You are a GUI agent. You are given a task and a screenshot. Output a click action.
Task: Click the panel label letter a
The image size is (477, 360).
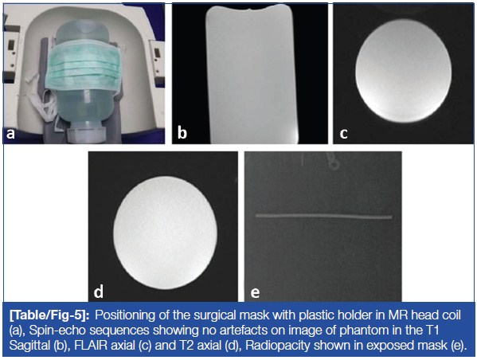click(x=10, y=133)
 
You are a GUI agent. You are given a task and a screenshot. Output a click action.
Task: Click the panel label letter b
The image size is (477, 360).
click(x=182, y=133)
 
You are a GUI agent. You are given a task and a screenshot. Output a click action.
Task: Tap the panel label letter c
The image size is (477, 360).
click(x=343, y=133)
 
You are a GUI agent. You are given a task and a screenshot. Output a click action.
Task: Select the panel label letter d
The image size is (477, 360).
click(x=99, y=291)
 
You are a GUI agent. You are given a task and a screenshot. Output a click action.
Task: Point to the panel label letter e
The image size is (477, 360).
click(x=255, y=292)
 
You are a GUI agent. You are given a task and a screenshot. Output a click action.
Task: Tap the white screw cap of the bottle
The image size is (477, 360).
click(x=86, y=135)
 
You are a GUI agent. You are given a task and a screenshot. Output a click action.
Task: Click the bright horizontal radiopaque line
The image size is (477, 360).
click(x=323, y=217)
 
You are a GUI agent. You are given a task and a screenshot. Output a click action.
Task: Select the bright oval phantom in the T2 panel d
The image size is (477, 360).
click(x=166, y=233)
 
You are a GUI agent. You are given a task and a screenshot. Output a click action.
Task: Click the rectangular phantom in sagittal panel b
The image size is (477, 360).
click(x=250, y=75)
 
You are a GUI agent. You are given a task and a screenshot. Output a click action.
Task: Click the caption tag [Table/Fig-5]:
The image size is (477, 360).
click(x=49, y=315)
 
